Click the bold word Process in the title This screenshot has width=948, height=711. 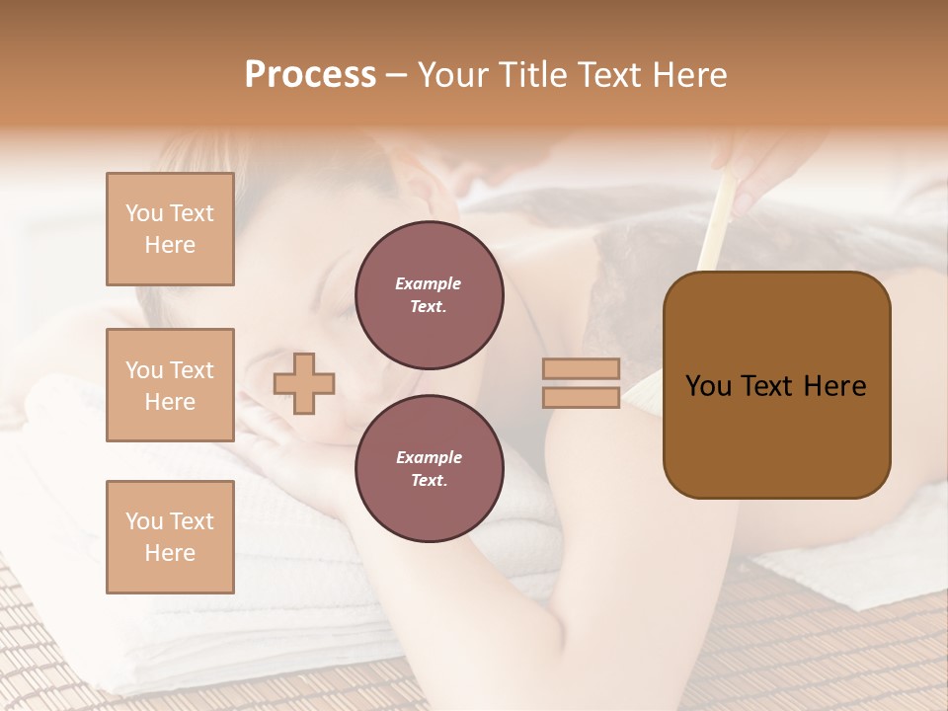pos(310,75)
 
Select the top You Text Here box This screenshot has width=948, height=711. pos(170,229)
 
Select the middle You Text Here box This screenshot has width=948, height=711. pos(170,385)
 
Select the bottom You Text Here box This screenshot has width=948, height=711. pos(170,536)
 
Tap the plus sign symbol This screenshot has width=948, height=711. pos(304,383)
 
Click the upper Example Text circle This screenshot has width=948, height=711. pos(429,295)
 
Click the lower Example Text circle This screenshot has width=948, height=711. pos(429,469)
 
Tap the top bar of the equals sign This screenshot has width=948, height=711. pos(581,368)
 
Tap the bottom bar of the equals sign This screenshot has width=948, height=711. pos(581,397)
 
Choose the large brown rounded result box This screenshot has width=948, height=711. pos(776,385)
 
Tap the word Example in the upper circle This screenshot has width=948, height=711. pos(429,283)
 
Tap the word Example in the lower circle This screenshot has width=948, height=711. pos(429,457)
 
